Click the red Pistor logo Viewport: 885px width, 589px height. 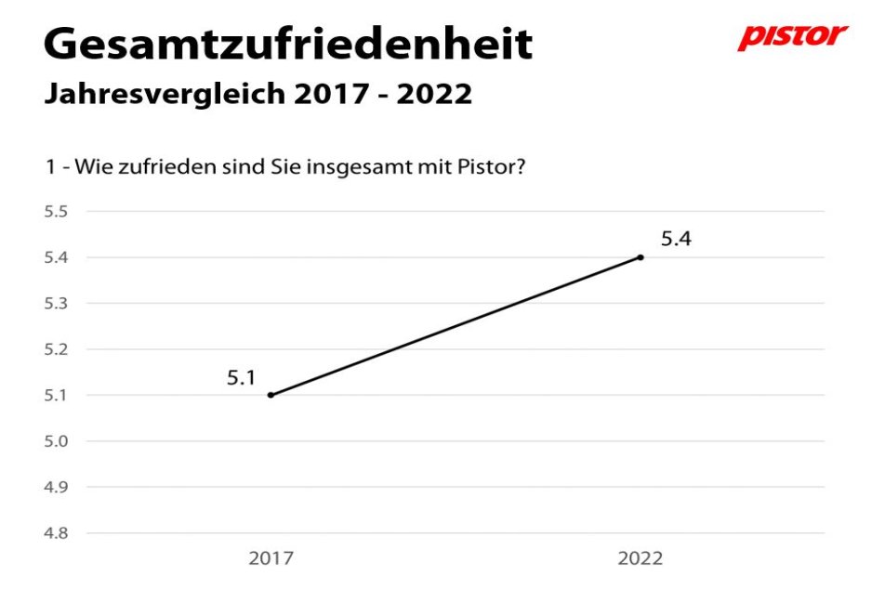pos(792,36)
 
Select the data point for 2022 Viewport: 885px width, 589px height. pos(641,257)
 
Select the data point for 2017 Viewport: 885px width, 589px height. pos(271,395)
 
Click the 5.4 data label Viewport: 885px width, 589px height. pos(676,239)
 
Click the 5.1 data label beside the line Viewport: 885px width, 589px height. pos(242,378)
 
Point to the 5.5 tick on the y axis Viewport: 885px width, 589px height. pos(57,212)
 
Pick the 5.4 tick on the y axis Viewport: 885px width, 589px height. pos(57,257)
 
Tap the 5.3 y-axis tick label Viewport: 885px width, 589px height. pos(57,304)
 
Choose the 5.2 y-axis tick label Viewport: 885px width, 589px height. pos(57,349)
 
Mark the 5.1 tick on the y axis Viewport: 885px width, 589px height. pos(57,395)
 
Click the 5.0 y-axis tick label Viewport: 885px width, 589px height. pos(57,441)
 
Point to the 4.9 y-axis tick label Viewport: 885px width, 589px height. pos(57,487)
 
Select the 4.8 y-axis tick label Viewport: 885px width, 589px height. pos(57,533)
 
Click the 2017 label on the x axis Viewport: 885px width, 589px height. pos(271,558)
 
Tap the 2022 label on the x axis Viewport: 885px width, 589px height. pos(641,558)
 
